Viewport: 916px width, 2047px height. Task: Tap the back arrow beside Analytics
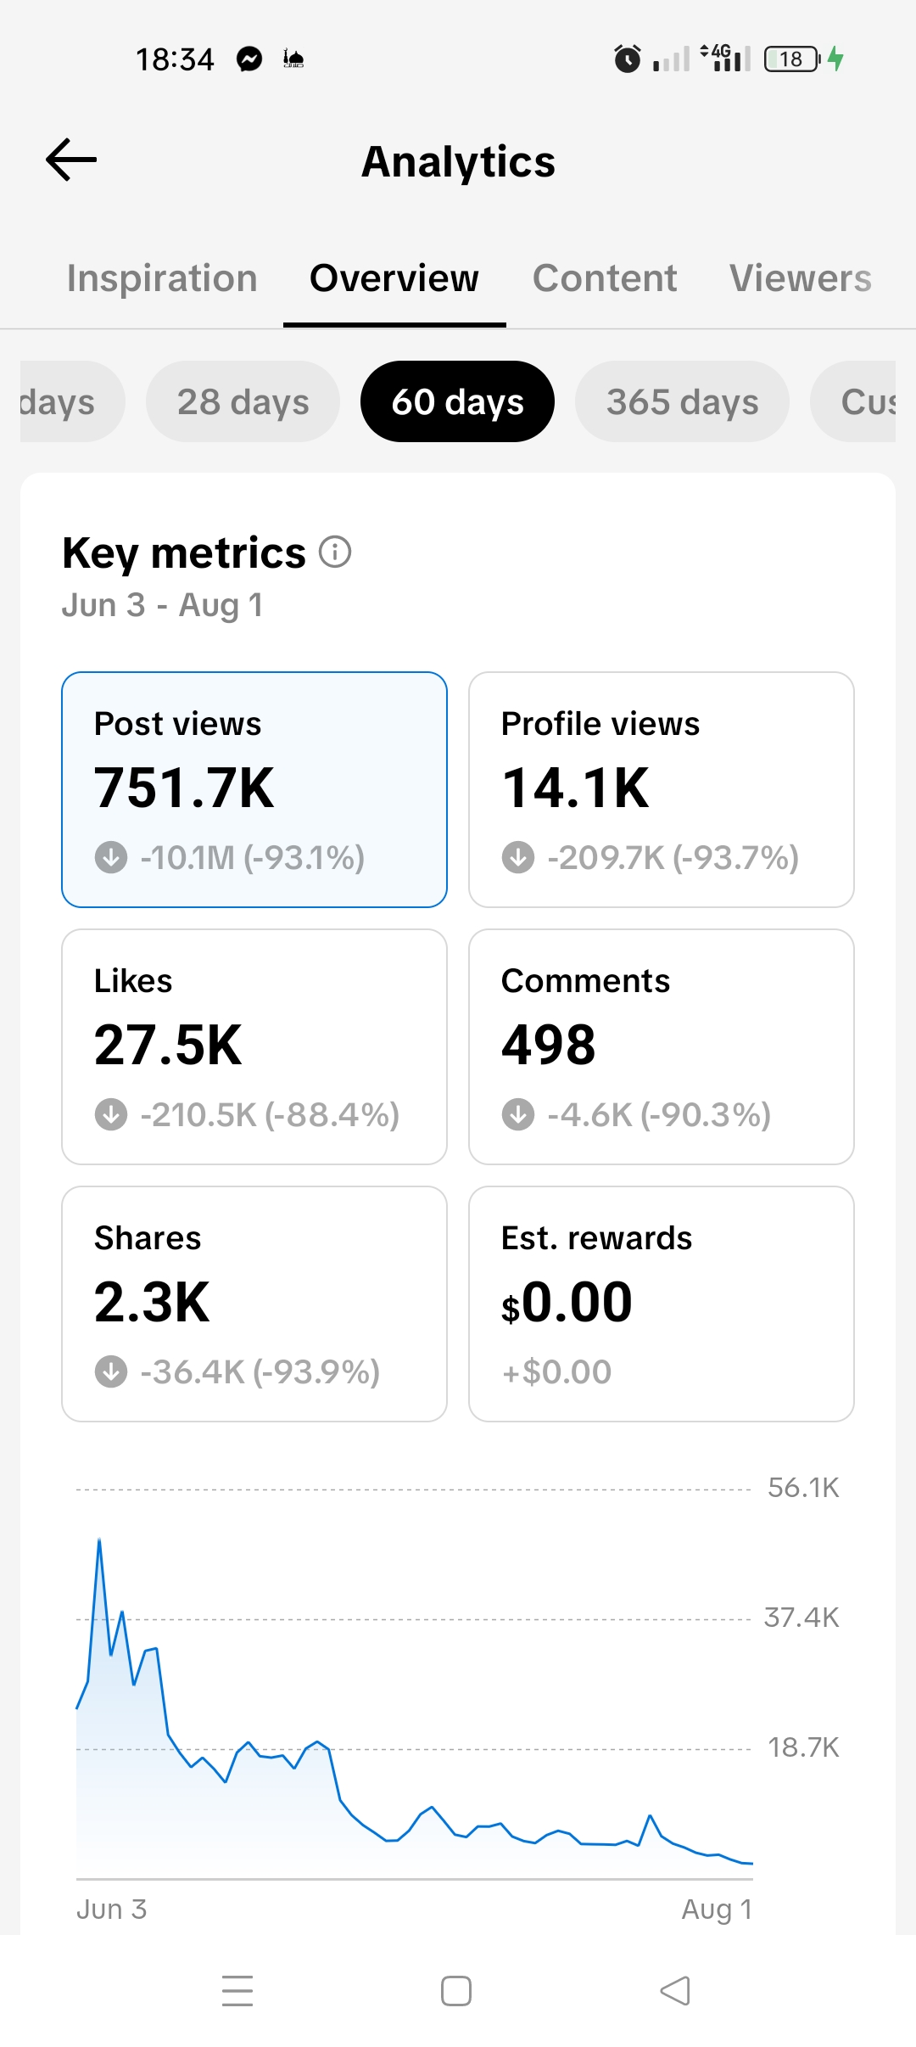(x=71, y=160)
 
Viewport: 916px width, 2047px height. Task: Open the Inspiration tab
(x=162, y=278)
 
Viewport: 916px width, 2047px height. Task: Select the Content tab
(x=605, y=278)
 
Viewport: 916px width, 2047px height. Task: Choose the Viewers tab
(x=801, y=278)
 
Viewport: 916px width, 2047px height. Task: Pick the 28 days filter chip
(x=243, y=401)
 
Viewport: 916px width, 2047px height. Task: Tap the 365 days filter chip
(x=682, y=401)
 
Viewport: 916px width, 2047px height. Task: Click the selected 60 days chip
(x=457, y=401)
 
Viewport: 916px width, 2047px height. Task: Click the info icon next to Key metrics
(x=335, y=552)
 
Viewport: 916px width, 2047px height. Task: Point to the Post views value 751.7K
(x=184, y=788)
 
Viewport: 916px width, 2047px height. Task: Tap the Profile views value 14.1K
(x=575, y=788)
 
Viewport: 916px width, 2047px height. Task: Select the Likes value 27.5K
(x=168, y=1045)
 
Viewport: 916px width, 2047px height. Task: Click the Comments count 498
(x=548, y=1045)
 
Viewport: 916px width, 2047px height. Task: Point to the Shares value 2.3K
(x=152, y=1302)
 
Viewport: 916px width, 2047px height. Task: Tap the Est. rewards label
(x=596, y=1238)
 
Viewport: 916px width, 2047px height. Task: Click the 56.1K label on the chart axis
(x=803, y=1488)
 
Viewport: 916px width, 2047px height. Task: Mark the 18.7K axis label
(x=803, y=1747)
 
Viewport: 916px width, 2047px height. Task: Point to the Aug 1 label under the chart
(x=718, y=1910)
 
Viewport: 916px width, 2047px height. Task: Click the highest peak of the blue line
(x=99, y=1539)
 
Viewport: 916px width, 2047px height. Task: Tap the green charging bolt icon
(x=835, y=59)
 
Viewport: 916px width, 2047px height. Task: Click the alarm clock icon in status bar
(x=628, y=59)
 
